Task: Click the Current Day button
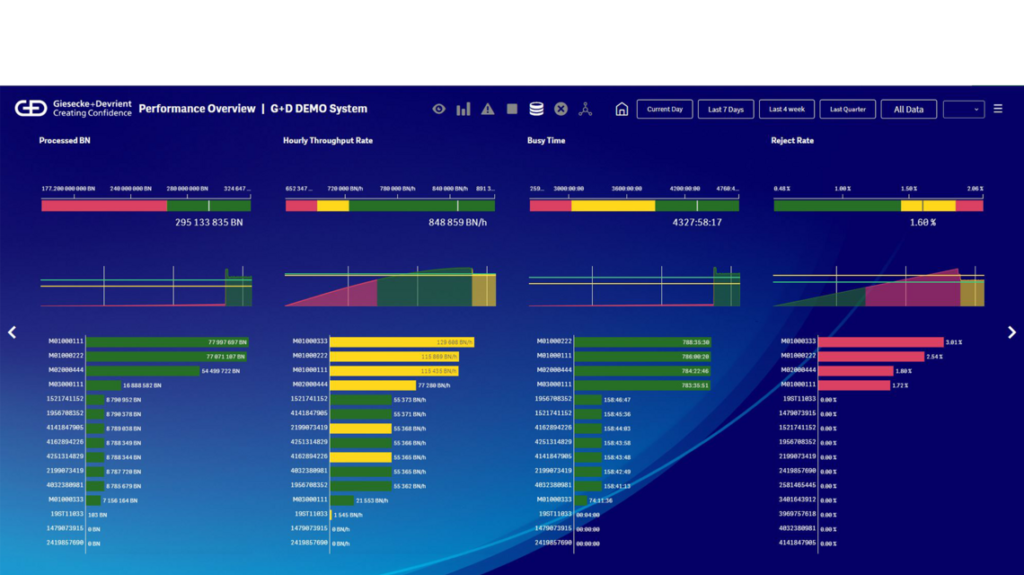[x=665, y=110]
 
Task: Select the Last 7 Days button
[x=725, y=110]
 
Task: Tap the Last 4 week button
[x=787, y=110]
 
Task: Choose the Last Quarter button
[x=847, y=110]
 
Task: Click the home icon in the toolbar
[x=622, y=110]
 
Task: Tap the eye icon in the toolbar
[x=438, y=110]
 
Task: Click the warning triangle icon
[x=488, y=110]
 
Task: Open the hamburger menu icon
[x=998, y=109]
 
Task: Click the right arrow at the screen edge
[x=1011, y=332]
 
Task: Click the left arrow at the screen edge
[x=12, y=332]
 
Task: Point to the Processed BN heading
[x=65, y=141]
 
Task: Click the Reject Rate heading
[x=792, y=141]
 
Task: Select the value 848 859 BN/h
[x=457, y=222]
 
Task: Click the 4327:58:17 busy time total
[x=697, y=222]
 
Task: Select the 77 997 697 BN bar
[x=167, y=342]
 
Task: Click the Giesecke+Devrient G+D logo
[x=31, y=109]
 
